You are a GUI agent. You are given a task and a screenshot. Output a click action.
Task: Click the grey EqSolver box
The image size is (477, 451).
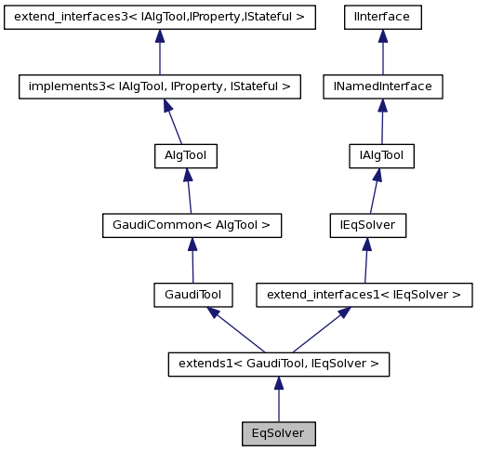pos(278,433)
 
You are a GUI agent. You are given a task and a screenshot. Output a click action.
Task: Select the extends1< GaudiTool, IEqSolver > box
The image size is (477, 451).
pos(278,364)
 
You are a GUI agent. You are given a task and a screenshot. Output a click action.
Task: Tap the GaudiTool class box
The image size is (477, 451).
pos(192,295)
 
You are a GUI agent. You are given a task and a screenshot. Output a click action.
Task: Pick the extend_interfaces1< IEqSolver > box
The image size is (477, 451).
pos(364,295)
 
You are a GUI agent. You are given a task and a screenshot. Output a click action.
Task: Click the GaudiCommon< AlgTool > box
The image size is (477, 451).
pos(191,225)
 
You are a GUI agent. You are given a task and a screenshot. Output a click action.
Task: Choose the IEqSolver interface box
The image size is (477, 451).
pos(368,225)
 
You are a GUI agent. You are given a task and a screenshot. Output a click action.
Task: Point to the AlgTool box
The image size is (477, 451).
pos(185,156)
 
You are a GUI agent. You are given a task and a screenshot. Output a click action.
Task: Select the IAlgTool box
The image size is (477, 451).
pos(380,156)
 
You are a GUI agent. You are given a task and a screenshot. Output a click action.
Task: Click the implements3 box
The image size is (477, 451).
pos(160,86)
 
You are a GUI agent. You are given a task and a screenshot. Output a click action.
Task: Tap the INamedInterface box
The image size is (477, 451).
pos(382,86)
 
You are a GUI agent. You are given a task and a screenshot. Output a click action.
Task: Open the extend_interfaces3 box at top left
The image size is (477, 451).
pos(160,17)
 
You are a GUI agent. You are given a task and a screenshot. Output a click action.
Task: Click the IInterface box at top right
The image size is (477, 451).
pos(382,17)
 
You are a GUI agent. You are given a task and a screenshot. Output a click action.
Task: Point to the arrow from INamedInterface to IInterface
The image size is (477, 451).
pos(382,52)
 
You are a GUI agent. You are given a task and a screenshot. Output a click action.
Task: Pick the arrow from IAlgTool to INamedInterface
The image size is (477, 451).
pos(381,122)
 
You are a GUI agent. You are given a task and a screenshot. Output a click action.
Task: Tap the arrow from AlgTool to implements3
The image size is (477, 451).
pos(173,122)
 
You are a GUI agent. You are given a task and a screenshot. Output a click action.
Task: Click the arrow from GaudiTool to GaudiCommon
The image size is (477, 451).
pos(192,260)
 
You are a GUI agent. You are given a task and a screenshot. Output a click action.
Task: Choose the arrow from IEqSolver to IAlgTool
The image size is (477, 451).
pos(374,191)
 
